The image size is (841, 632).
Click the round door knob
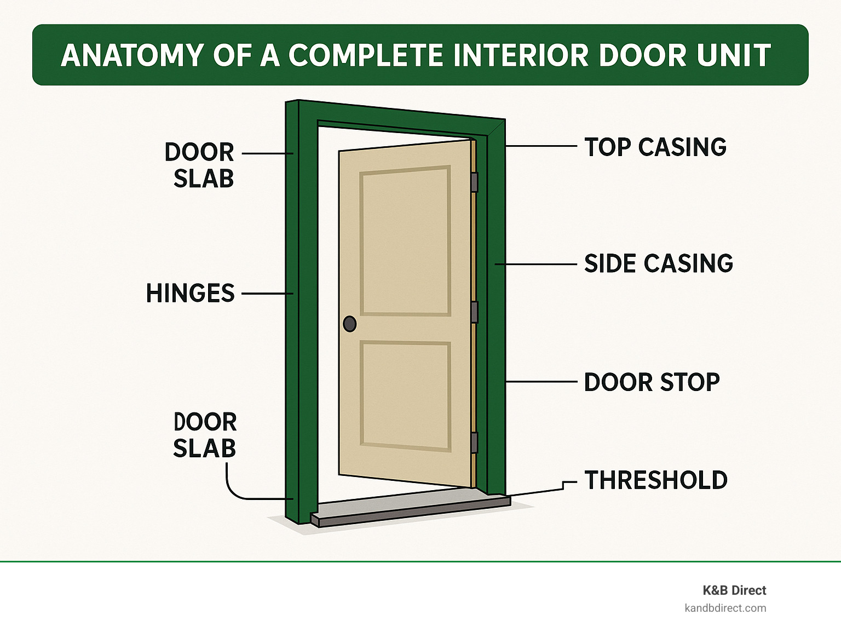click(x=350, y=324)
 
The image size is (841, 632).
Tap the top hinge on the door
click(x=474, y=182)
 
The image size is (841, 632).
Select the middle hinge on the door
click(x=474, y=312)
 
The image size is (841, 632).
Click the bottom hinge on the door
click(x=474, y=443)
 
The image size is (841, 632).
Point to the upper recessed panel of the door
click(x=405, y=240)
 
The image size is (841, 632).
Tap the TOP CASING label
click(x=655, y=147)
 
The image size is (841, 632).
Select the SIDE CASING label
click(x=658, y=263)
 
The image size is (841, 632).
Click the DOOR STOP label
click(x=652, y=382)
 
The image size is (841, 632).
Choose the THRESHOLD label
click(x=656, y=480)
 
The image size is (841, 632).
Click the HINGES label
click(x=190, y=294)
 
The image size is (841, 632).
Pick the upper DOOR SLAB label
click(x=200, y=165)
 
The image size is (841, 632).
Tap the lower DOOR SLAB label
click(x=205, y=435)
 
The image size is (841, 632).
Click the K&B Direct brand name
click(x=734, y=590)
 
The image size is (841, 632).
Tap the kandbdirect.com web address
click(x=725, y=608)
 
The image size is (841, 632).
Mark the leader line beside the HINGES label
click(x=267, y=294)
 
